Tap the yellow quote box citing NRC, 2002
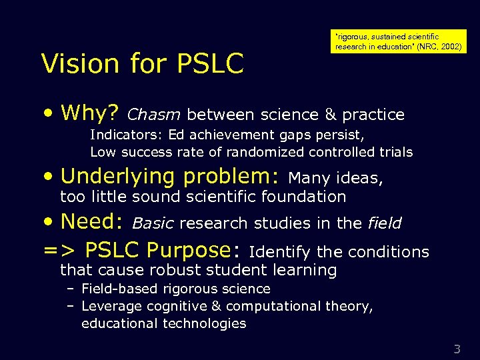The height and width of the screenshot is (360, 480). pos(399,41)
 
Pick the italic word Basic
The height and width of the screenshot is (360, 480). pos(153,223)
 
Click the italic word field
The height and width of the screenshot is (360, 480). pos(384,223)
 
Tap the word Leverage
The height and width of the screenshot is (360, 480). pos(109,306)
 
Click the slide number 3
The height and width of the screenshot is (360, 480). pos(457,348)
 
